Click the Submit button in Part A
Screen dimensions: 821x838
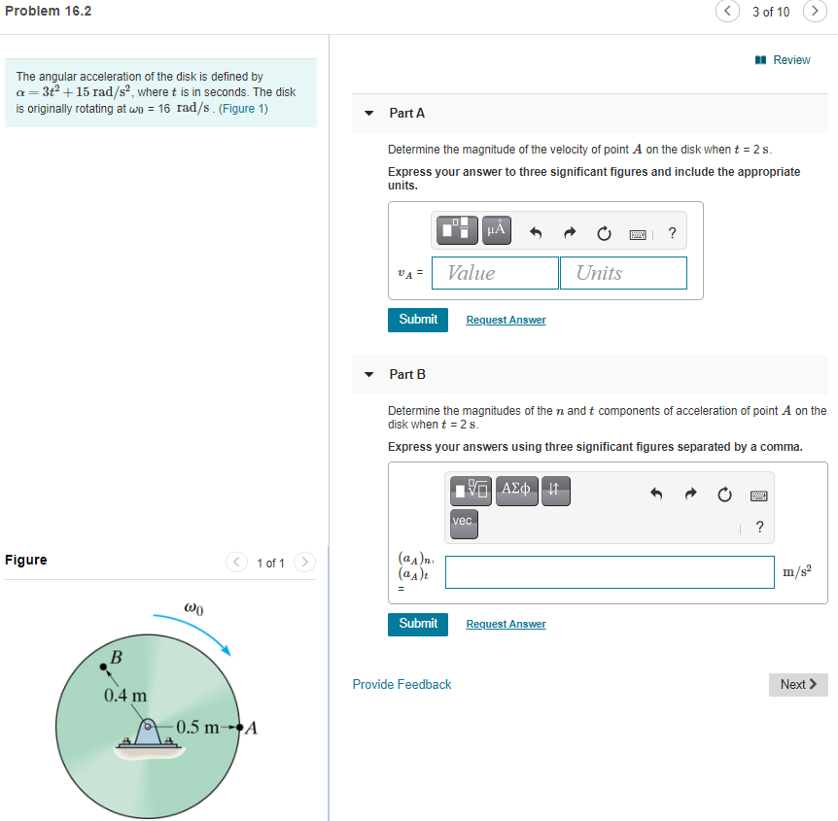(x=418, y=320)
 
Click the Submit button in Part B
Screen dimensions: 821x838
(x=418, y=624)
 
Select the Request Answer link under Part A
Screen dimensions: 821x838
(x=506, y=320)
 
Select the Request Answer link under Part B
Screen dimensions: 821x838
(x=506, y=624)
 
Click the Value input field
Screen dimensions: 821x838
(x=496, y=273)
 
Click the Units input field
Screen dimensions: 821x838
(x=623, y=273)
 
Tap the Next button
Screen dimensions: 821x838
(x=798, y=685)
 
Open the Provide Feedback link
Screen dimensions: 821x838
(x=402, y=685)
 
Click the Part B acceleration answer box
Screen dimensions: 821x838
(x=610, y=572)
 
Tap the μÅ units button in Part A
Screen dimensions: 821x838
(x=497, y=230)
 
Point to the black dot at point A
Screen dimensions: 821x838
(x=239, y=728)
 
